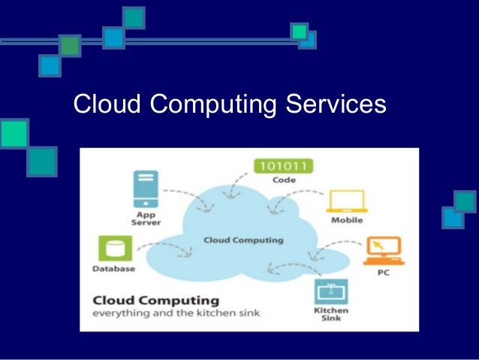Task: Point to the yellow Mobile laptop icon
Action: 345,201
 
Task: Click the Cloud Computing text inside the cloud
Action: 244,241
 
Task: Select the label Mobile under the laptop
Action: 346,220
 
